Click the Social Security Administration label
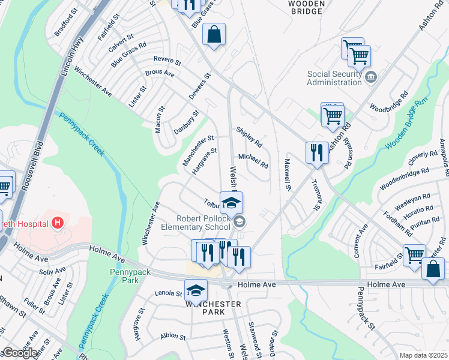(x=334, y=78)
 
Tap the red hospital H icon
(x=58, y=224)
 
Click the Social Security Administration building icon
(x=370, y=76)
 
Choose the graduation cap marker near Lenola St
(x=194, y=292)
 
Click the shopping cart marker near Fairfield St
(x=414, y=254)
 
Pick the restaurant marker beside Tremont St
(x=316, y=152)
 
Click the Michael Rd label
(x=253, y=160)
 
